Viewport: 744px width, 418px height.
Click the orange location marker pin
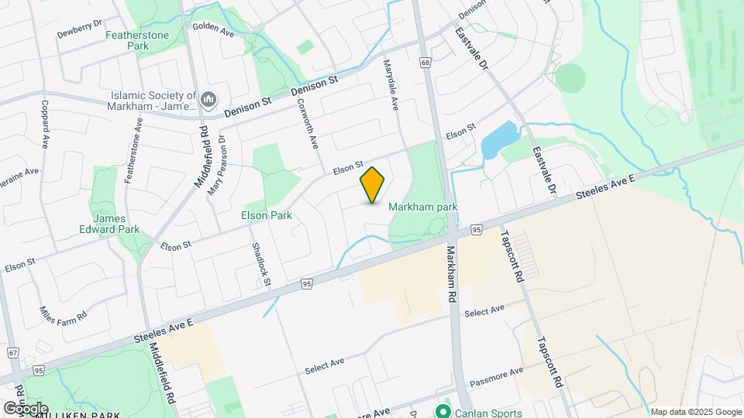[373, 184]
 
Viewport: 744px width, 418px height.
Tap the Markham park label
[423, 207]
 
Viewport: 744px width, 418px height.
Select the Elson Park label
[267, 215]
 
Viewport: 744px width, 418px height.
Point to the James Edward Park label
[109, 223]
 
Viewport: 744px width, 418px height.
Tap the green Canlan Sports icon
[443, 411]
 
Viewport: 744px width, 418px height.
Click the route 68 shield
[425, 63]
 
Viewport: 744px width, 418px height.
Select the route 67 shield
[12, 352]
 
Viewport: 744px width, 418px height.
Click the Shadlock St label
[260, 264]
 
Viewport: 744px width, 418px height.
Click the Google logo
[25, 408]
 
